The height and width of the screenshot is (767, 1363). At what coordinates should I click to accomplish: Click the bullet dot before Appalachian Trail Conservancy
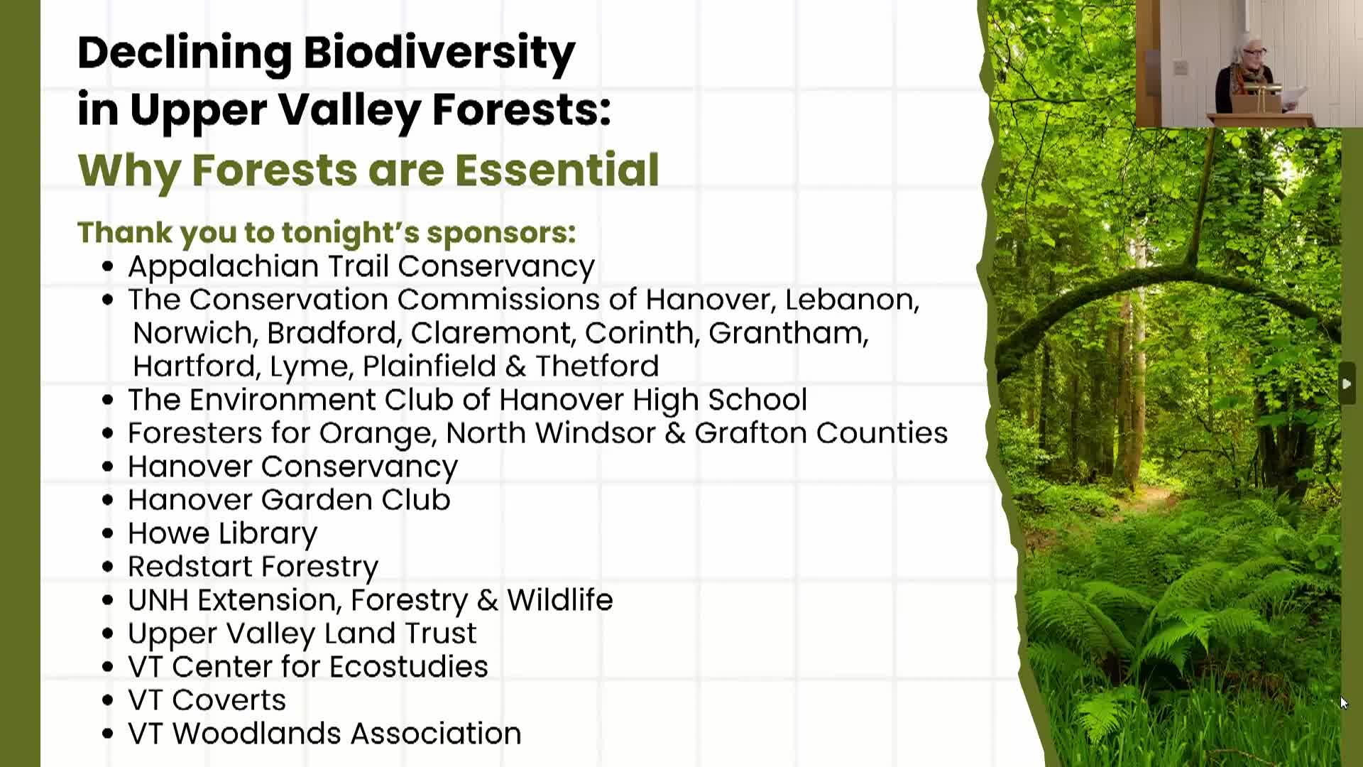(108, 267)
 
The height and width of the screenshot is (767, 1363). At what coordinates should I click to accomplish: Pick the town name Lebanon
(852, 300)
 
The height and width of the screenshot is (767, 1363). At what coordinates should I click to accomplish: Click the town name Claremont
(493, 332)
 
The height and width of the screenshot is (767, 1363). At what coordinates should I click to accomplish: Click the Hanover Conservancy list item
(292, 467)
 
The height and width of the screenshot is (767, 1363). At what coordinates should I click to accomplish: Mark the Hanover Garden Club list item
(289, 500)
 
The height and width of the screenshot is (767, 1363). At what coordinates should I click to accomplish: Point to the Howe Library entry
(222, 534)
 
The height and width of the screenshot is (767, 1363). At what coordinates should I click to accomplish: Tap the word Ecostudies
(408, 667)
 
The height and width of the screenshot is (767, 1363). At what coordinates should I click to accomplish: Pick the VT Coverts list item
(207, 700)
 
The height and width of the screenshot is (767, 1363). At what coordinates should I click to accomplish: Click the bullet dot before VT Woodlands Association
(108, 734)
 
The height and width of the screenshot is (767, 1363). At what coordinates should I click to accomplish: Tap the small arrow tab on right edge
(1347, 383)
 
